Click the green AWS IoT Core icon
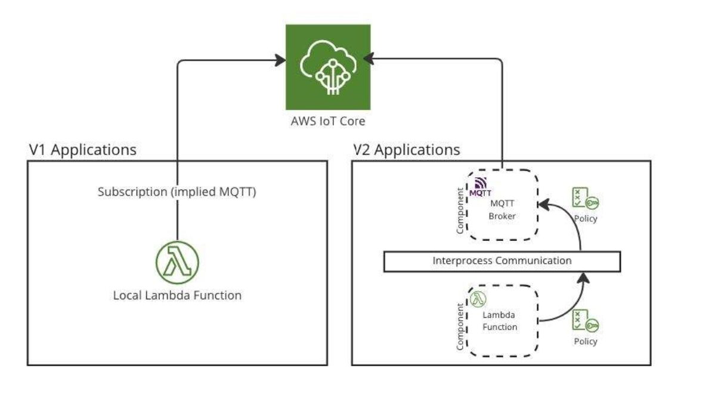coord(327,67)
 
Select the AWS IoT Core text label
coord(327,122)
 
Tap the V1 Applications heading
coord(82,150)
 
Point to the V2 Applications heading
coord(406,150)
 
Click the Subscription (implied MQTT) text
coord(177,193)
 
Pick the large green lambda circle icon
coord(177,262)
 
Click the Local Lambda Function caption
coord(177,295)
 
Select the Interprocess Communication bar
coord(502,261)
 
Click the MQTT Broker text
coord(502,210)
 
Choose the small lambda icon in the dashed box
coord(478,298)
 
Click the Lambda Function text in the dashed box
coord(501,321)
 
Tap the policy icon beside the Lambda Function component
coord(584,322)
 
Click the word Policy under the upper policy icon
coord(585,219)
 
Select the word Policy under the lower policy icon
coord(585,342)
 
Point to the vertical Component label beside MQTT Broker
coord(460,211)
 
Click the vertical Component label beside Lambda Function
coord(460,326)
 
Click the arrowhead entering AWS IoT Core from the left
coord(280,59)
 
